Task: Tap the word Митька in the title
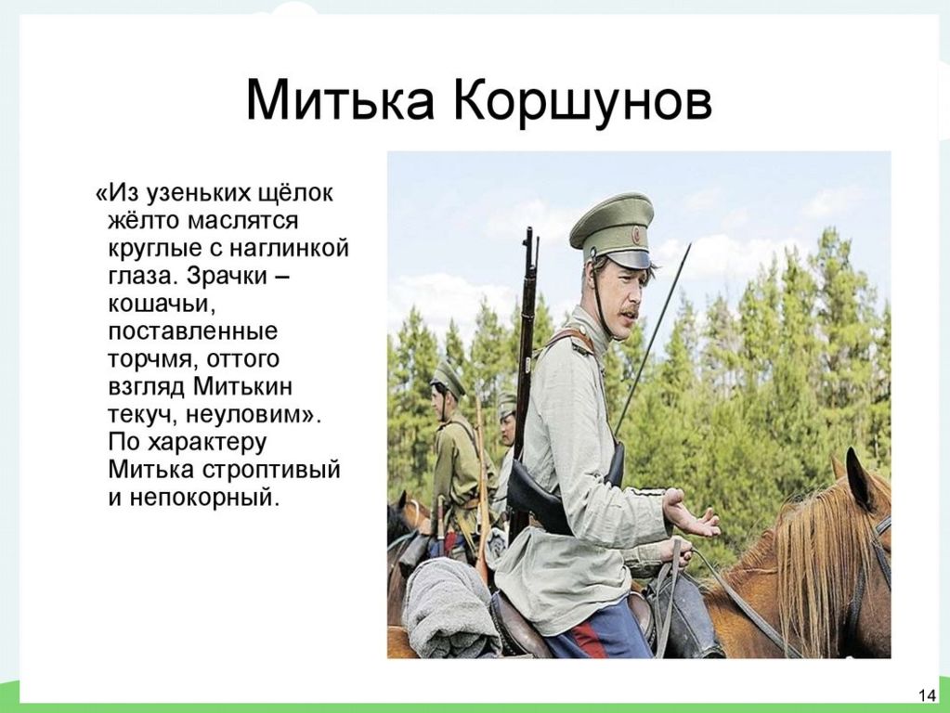click(x=340, y=99)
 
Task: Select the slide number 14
click(x=927, y=694)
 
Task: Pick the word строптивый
click(x=270, y=471)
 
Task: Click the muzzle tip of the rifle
click(x=530, y=231)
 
